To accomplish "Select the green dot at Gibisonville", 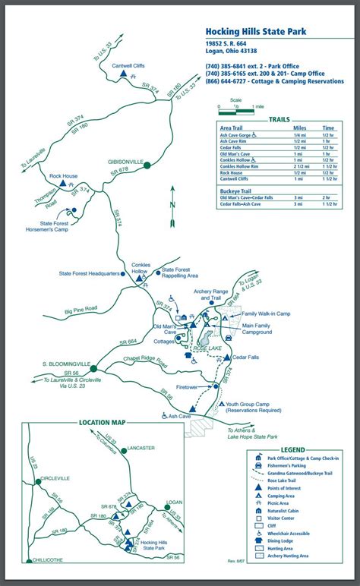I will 147,164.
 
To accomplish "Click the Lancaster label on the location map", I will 141,448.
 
